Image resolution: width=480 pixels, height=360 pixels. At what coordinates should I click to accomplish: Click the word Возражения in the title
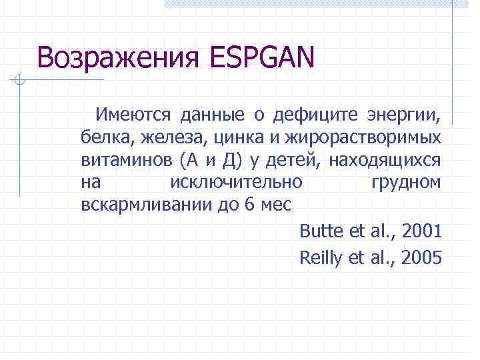(x=117, y=58)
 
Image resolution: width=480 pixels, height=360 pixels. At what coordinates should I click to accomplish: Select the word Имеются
(x=132, y=115)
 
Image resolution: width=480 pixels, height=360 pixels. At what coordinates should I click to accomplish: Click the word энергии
(x=405, y=116)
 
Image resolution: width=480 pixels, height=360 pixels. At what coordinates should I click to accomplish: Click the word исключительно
(x=236, y=181)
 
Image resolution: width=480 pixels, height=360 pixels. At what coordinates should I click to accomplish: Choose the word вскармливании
(x=145, y=203)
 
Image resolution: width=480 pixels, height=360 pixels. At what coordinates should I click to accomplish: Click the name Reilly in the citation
(x=321, y=257)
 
